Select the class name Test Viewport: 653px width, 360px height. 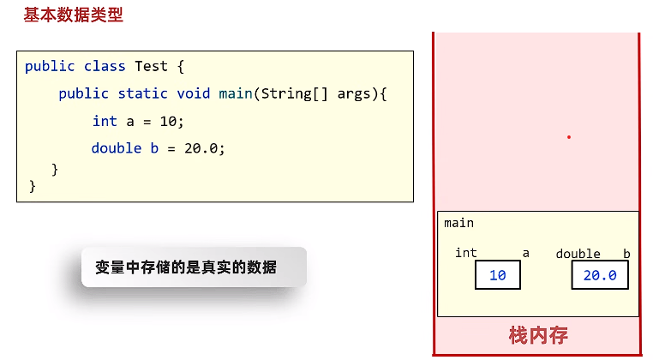coord(151,66)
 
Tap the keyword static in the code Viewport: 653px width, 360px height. coord(143,93)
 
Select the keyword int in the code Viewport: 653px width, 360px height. coord(105,121)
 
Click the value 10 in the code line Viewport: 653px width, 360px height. coord(168,121)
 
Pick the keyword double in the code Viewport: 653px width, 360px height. coord(117,148)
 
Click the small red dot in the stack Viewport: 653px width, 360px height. coord(568,137)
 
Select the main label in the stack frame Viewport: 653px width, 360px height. coord(459,224)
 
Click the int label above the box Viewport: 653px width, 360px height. coord(466,253)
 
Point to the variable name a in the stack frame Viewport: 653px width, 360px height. coord(526,253)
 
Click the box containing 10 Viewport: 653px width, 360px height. coord(498,275)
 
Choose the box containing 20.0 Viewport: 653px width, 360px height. coord(600,275)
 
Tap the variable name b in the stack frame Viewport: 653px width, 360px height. coord(626,254)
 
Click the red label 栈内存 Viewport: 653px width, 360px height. coord(538,335)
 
